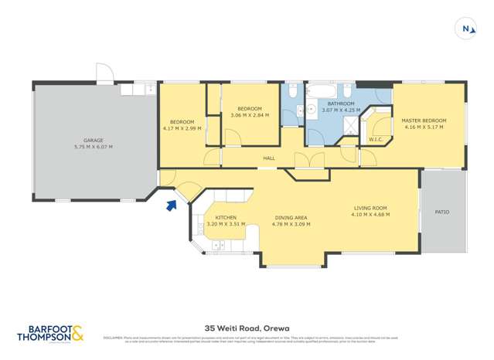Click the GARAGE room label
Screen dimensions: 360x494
93,141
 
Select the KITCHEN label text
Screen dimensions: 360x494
226,217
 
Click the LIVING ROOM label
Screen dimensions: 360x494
371,208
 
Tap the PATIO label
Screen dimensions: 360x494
442,212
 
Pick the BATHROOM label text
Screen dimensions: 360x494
340,104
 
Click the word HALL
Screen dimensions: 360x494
269,158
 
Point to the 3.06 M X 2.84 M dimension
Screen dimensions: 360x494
250,115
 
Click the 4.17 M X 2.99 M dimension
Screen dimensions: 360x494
182,128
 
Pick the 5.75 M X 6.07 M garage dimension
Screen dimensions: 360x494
93,147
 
